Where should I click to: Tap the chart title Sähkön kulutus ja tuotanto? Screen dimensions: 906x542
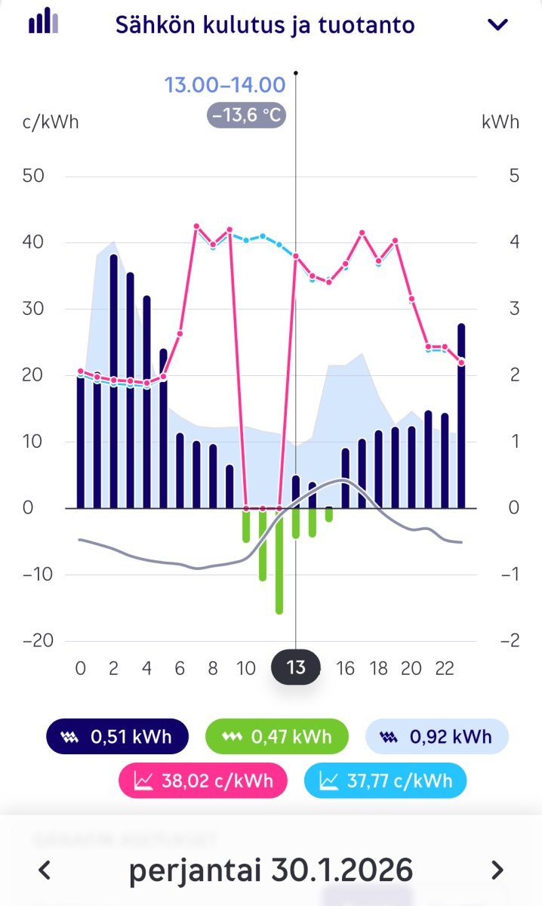265,25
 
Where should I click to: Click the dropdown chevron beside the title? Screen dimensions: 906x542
498,25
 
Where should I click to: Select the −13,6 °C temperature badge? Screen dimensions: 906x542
246,116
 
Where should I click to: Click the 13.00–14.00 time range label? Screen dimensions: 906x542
225,85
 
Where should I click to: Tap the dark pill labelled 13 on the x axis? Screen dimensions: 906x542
296,668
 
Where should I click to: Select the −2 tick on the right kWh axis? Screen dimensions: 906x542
510,641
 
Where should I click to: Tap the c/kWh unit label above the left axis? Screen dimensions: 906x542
51,122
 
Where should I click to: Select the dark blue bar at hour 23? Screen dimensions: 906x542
461,415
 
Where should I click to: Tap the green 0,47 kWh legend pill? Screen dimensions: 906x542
277,736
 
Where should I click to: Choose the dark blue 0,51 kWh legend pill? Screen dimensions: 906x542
117,736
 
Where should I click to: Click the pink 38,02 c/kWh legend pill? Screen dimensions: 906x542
203,780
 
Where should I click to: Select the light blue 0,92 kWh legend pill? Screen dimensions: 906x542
437,736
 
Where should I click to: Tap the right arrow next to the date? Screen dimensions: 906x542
497,870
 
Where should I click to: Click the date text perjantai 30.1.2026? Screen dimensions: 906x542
271,870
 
